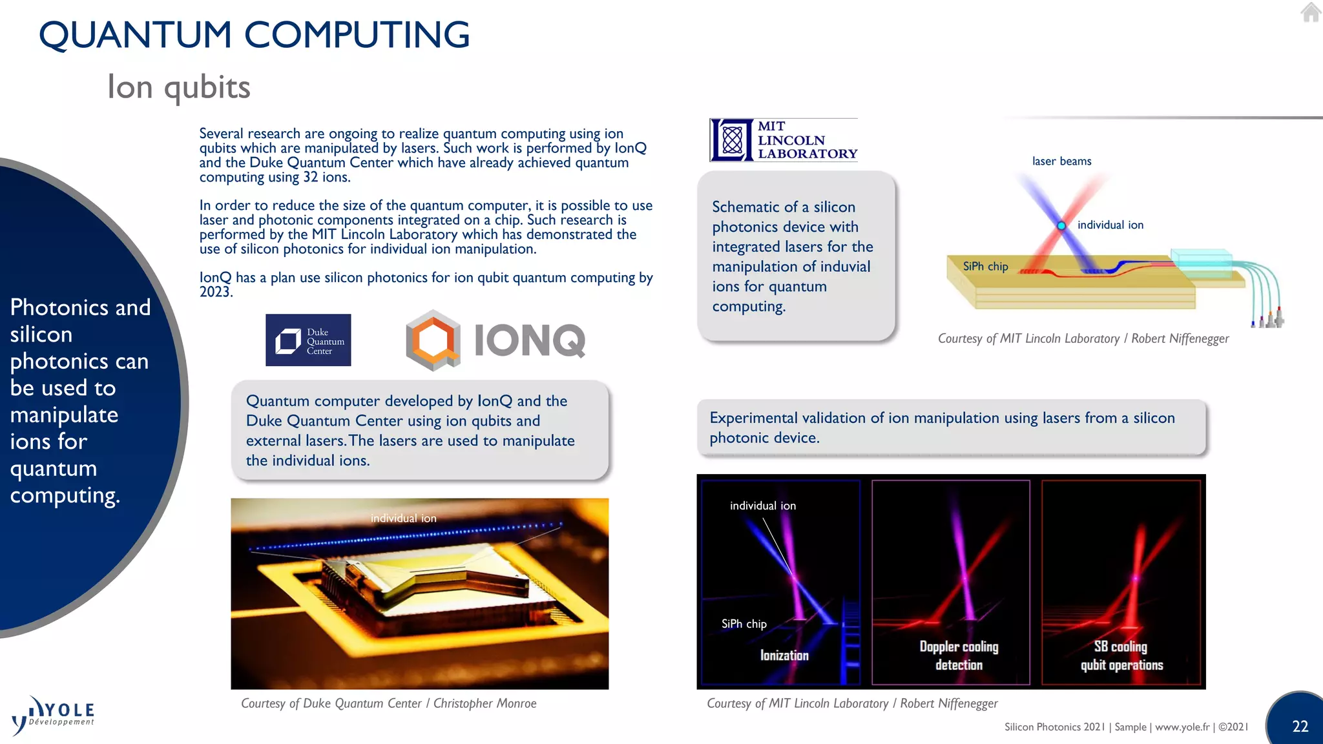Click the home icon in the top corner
(x=1311, y=12)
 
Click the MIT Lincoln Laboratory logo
(x=784, y=140)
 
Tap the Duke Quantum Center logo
(x=308, y=340)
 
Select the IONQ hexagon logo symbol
(x=433, y=340)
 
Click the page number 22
(x=1300, y=726)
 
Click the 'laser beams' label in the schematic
(x=1061, y=161)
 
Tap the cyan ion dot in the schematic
(x=1061, y=226)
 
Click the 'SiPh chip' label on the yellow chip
(x=985, y=266)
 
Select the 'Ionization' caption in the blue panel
(x=784, y=656)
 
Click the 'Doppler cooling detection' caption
(x=959, y=656)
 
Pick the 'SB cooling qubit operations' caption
(x=1121, y=656)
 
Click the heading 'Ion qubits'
(x=179, y=87)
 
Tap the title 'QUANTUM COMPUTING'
(x=254, y=35)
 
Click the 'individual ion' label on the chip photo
(x=403, y=518)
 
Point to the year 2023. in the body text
(x=216, y=292)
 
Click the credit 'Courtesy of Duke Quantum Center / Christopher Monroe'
(x=388, y=703)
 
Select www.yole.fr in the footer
(x=1182, y=727)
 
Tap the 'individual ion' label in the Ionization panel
(x=762, y=506)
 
